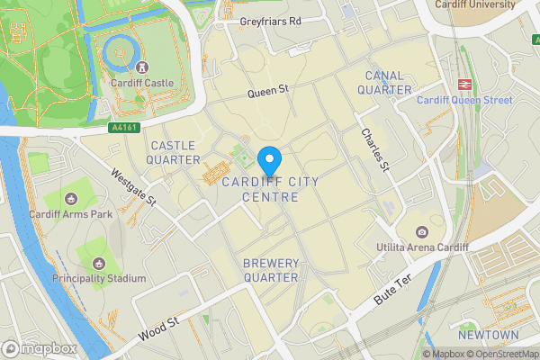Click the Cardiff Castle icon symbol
(141, 67)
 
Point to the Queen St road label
(267, 91)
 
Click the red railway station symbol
(465, 83)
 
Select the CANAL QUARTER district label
(384, 82)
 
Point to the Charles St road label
(373, 149)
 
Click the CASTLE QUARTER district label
(175, 152)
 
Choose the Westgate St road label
(133, 186)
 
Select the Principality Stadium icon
(98, 263)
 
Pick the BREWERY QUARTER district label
(271, 270)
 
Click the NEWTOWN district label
(488, 335)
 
